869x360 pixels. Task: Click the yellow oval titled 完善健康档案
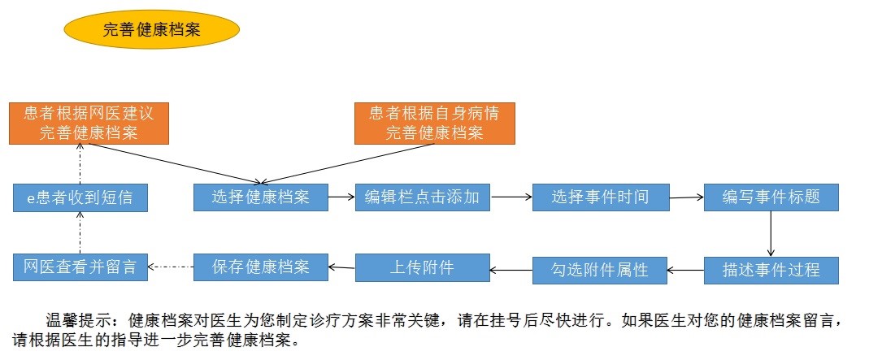[x=151, y=29]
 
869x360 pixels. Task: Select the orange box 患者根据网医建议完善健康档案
[x=88, y=123]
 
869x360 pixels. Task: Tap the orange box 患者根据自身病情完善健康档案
[x=434, y=123]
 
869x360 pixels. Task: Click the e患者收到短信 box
[x=80, y=197]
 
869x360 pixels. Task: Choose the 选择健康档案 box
[x=260, y=197]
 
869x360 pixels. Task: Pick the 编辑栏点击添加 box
[x=422, y=197]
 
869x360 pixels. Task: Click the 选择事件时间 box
[x=600, y=197]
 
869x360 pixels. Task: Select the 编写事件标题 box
[x=771, y=197]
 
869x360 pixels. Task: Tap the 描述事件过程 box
[x=771, y=270]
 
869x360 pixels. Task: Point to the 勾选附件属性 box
[x=600, y=270]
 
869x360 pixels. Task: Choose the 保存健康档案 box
[x=260, y=267]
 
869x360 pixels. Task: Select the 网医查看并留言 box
[x=80, y=267]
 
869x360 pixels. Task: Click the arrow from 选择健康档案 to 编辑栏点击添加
[x=341, y=197]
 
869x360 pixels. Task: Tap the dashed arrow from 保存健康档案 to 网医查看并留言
[x=171, y=266]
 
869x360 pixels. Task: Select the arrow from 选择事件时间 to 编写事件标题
[x=686, y=197]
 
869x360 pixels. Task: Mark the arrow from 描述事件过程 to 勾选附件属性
[x=685, y=268]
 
